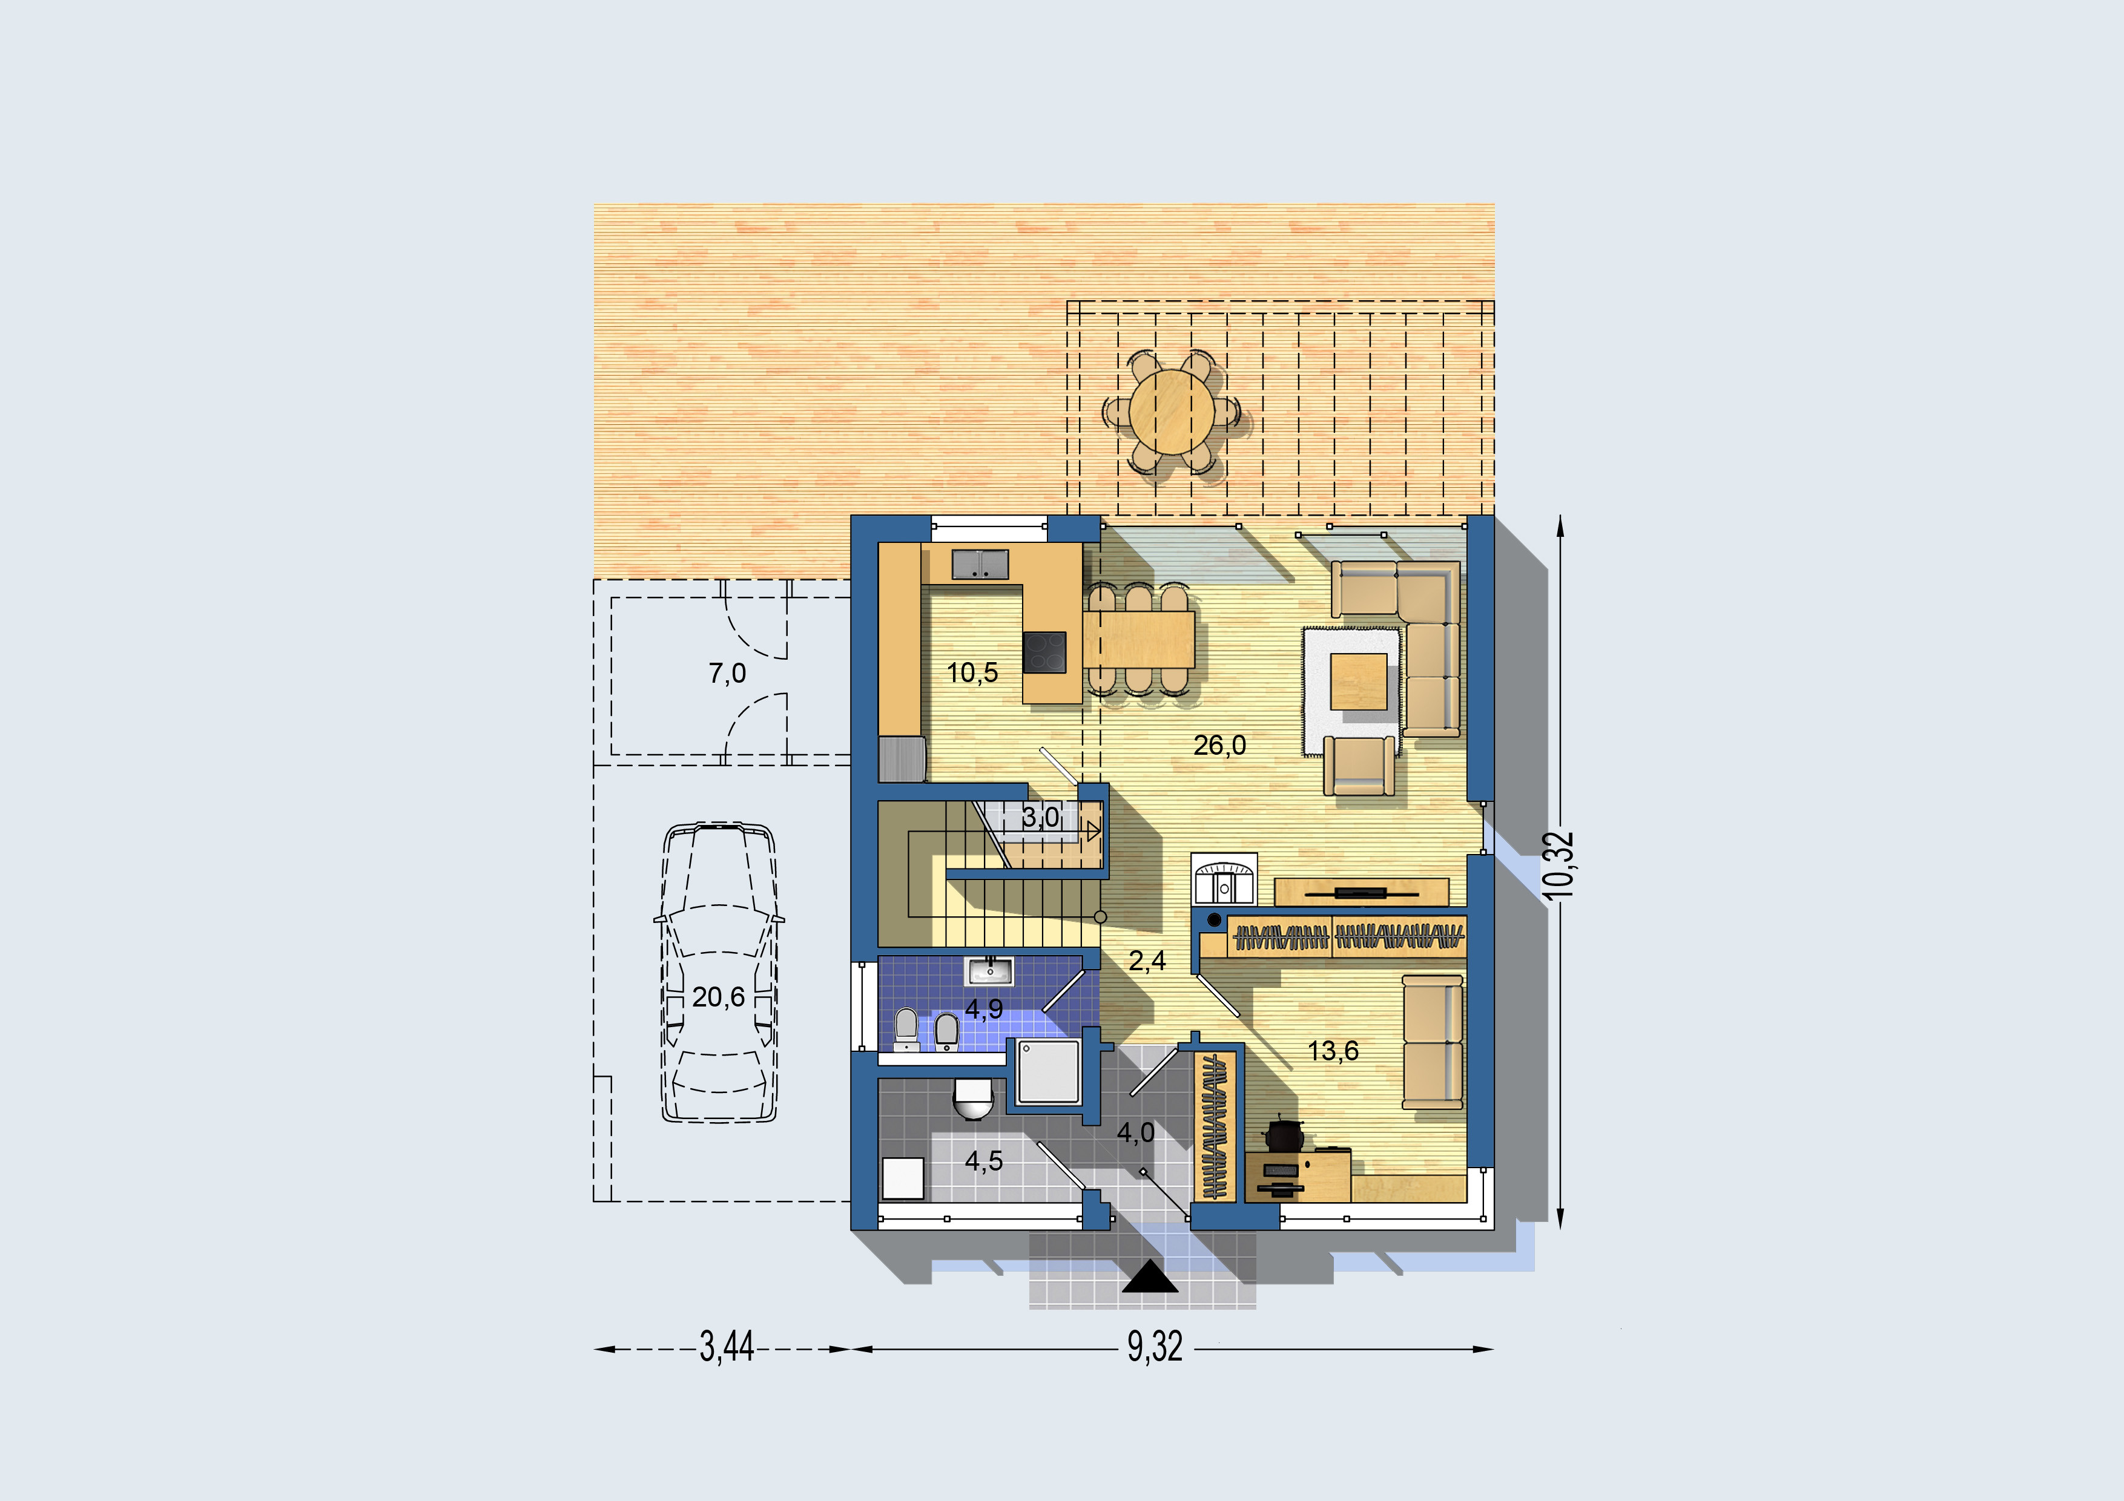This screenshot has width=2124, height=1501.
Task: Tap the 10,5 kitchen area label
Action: tap(972, 672)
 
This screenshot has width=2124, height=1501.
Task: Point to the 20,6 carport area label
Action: tap(719, 997)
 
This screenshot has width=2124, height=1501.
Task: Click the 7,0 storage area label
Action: tap(727, 673)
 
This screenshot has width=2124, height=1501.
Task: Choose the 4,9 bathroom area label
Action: tap(984, 1008)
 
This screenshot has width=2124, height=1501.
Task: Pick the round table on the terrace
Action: tap(1172, 412)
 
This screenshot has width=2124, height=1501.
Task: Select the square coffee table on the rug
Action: tap(1359, 681)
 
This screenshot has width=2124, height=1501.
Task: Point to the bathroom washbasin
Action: tap(989, 971)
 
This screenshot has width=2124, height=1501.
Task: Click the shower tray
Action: tap(1049, 1072)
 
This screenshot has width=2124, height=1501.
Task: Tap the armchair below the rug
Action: tap(1359, 766)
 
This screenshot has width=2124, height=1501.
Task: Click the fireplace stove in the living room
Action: tap(1223, 879)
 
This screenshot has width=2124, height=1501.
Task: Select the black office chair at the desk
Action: tap(1283, 1134)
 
